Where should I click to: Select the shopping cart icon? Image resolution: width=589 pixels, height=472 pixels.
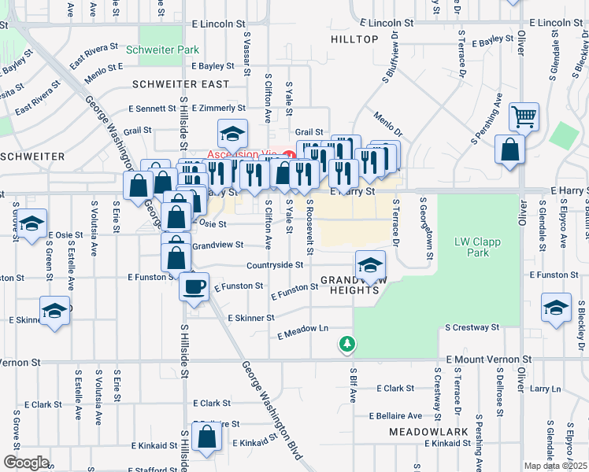524,117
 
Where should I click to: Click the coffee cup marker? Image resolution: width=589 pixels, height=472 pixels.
194,286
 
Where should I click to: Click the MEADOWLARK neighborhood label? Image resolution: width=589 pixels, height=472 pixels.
421,433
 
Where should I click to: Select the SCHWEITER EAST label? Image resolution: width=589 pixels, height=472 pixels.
181,84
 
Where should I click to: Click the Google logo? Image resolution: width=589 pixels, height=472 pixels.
26,462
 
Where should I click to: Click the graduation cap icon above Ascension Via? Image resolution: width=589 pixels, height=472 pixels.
233,135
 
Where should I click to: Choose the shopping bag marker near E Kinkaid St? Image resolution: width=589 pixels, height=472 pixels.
206,439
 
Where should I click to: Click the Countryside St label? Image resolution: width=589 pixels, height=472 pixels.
275,266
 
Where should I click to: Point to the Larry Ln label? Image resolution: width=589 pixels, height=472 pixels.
546,389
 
